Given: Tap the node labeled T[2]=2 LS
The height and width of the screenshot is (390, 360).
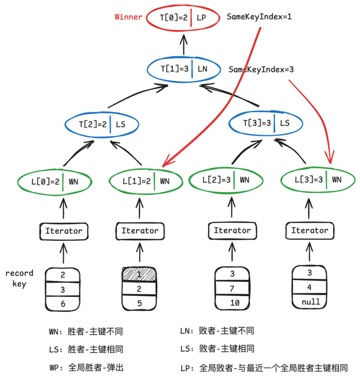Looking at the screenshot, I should (x=101, y=124).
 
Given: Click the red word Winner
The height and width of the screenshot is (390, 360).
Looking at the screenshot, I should (x=128, y=17).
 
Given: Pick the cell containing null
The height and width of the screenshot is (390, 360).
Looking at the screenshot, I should (x=309, y=301).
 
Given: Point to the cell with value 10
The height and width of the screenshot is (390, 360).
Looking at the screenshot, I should (x=232, y=302).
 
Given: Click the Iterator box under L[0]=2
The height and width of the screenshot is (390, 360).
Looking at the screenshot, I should (x=63, y=231).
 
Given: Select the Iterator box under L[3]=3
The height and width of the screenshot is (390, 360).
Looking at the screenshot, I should (x=309, y=231).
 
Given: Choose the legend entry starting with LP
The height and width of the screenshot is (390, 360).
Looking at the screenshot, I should (x=263, y=368).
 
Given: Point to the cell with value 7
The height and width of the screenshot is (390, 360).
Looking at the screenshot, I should (x=232, y=288).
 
